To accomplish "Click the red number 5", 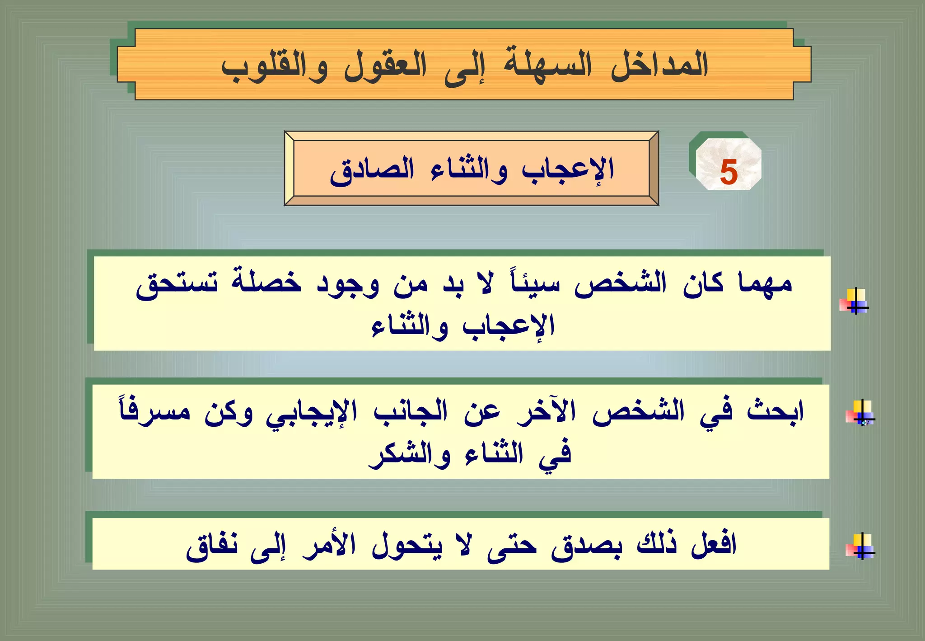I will click(729, 172).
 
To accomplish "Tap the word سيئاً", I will click(535, 284).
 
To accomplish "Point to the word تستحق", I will click(177, 285).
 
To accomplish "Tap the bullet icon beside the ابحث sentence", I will click(860, 413).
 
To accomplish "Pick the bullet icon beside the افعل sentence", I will click(860, 546).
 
